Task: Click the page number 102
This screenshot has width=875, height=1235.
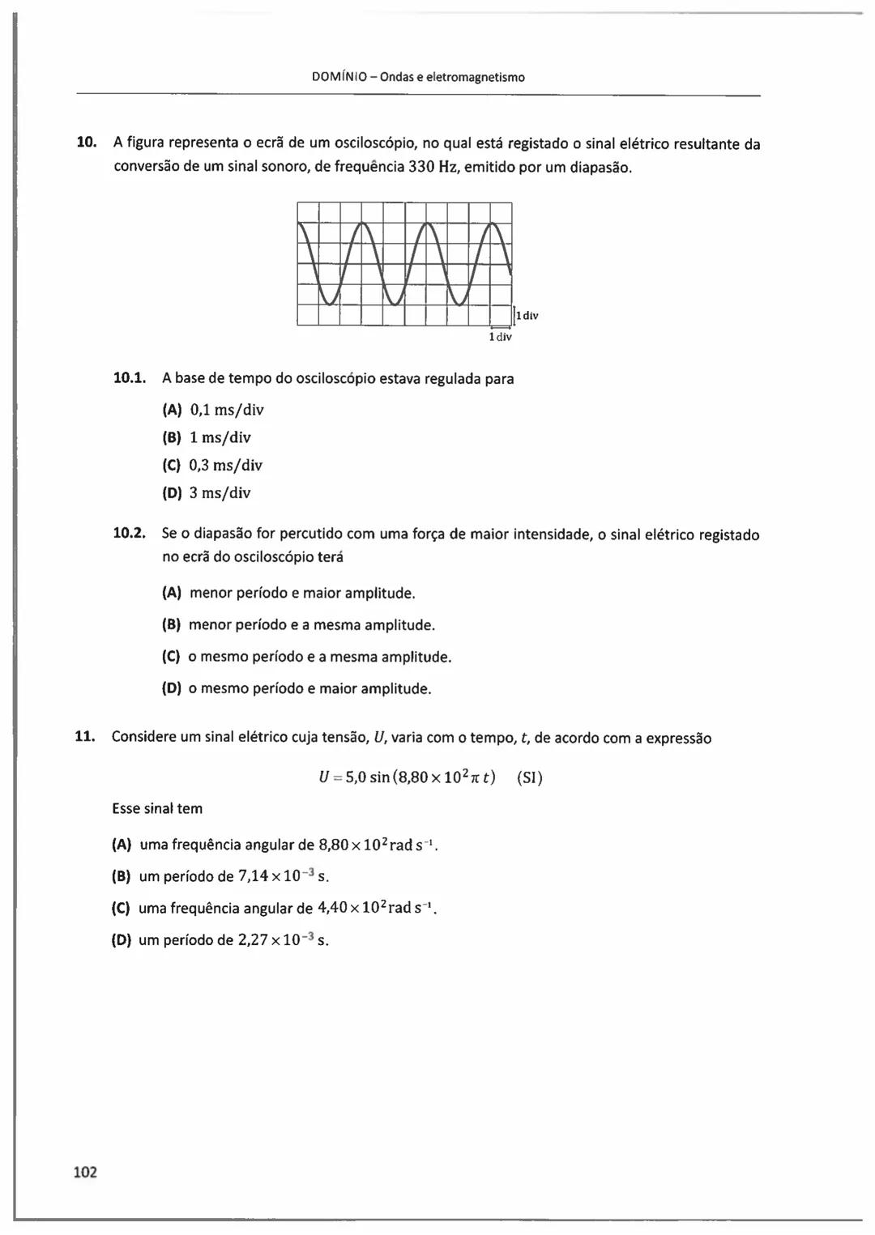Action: point(85,1172)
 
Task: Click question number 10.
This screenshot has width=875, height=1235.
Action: point(86,143)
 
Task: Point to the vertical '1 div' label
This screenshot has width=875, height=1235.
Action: point(527,316)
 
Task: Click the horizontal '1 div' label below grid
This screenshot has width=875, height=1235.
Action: point(500,337)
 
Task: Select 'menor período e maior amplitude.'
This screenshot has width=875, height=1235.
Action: point(302,593)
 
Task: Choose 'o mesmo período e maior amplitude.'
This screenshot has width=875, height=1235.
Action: point(309,688)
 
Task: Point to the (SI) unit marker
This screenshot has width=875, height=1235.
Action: point(530,777)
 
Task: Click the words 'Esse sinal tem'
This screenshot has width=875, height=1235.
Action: point(157,808)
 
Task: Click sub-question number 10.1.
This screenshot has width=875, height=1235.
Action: point(129,377)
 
